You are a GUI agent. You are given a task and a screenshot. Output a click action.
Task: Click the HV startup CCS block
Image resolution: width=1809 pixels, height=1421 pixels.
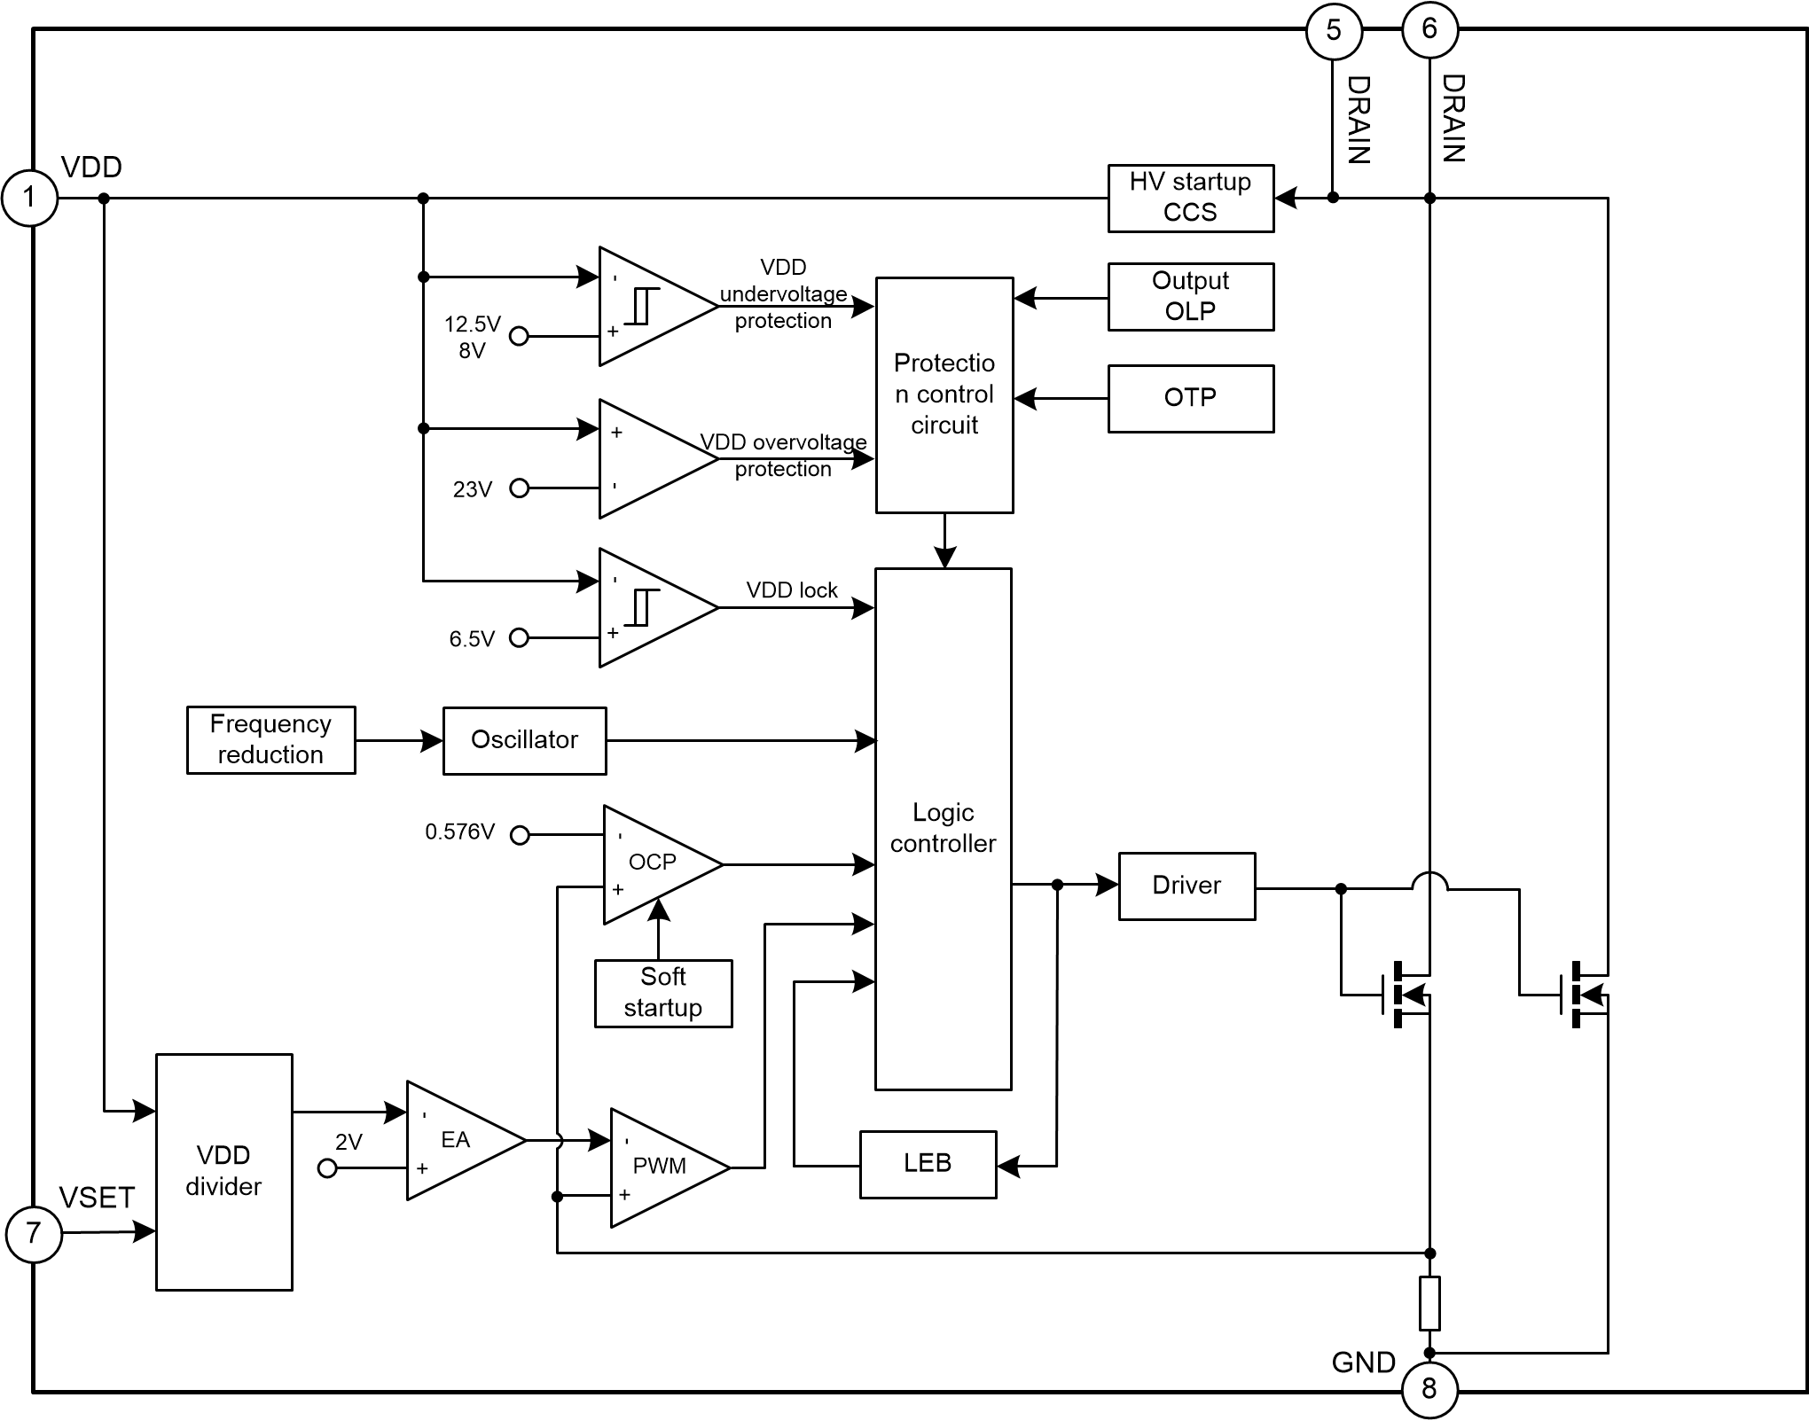(x=1190, y=199)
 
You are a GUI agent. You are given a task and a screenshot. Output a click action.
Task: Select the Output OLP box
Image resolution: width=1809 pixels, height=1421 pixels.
(x=1190, y=297)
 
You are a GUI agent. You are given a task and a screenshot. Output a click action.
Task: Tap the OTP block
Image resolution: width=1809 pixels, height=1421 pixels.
(x=1190, y=398)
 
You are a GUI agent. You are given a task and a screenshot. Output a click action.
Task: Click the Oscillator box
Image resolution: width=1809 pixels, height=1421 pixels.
(x=524, y=740)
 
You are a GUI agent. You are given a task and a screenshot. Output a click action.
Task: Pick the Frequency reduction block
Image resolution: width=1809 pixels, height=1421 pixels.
(x=270, y=740)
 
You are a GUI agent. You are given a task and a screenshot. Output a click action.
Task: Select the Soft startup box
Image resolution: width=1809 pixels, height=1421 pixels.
(x=663, y=993)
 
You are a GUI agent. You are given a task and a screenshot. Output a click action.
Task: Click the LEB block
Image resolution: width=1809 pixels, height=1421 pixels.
(x=928, y=1164)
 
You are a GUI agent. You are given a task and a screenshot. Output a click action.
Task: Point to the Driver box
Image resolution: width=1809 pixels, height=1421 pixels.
(x=1186, y=886)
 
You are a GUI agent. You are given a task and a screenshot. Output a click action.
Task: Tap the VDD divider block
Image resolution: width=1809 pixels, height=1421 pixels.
(x=223, y=1171)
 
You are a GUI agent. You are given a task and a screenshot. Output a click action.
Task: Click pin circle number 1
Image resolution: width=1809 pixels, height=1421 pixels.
(x=29, y=198)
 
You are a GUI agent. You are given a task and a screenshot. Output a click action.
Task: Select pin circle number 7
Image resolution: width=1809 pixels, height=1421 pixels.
(x=34, y=1232)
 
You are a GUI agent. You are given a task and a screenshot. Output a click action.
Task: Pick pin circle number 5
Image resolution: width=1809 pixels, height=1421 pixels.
(x=1333, y=31)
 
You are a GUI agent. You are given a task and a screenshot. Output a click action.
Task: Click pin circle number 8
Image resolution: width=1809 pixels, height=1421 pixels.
(x=1429, y=1388)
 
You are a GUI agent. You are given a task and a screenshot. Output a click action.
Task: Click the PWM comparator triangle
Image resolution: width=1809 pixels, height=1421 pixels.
(x=662, y=1167)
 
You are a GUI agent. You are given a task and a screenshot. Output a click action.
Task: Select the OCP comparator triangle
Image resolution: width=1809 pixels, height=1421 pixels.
(x=655, y=863)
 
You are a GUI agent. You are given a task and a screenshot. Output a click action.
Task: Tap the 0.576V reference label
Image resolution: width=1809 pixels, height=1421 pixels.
(x=459, y=832)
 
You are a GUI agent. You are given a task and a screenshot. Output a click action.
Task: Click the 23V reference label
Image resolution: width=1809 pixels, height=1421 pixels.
(x=472, y=489)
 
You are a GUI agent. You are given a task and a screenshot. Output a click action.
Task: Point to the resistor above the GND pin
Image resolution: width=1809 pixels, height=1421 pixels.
(x=1429, y=1302)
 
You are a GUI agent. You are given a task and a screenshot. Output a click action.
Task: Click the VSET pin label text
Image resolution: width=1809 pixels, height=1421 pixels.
(x=97, y=1198)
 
